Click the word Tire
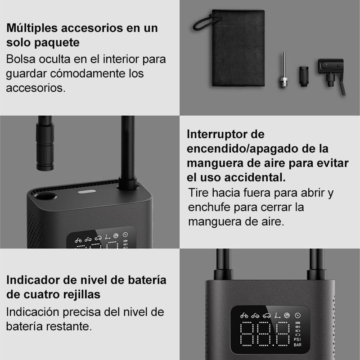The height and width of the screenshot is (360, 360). [x=198, y=193]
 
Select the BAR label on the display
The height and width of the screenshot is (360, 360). [x=297, y=346]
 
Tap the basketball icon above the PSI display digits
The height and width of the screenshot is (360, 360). [x=286, y=315]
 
